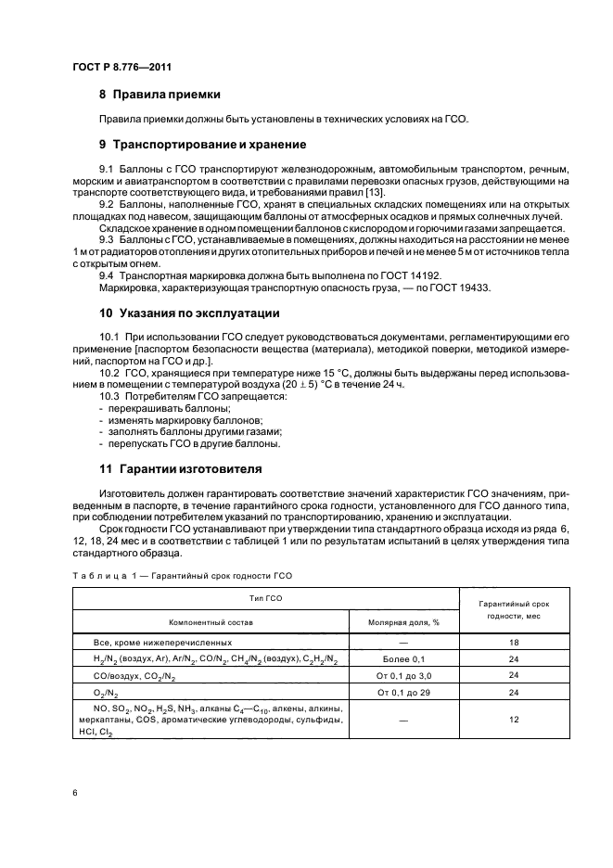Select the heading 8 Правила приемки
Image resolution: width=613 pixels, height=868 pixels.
pos(160,95)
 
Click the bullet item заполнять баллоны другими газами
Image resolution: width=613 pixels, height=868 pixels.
pos(194,431)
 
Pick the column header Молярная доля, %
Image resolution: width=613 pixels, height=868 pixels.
pos(403,622)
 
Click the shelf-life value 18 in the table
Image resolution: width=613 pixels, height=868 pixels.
pos(513,642)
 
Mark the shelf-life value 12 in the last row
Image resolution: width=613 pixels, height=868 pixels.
pos(513,719)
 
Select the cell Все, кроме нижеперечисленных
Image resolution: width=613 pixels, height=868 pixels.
pos(161,642)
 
